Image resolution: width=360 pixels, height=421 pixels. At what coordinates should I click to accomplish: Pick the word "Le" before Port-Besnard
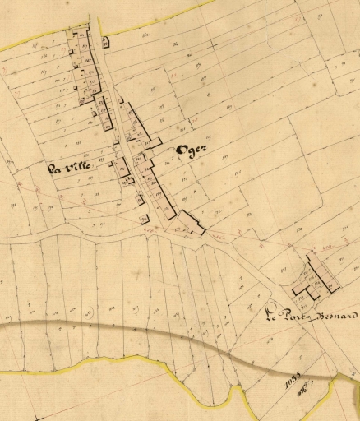270,312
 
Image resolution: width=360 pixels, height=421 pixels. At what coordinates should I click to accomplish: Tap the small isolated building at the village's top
105,42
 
